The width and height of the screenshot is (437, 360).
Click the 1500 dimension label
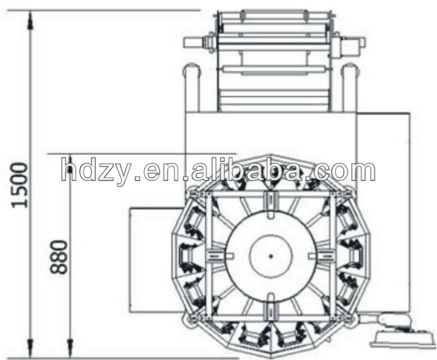tap(20, 185)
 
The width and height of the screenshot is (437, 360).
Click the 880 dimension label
tap(59, 256)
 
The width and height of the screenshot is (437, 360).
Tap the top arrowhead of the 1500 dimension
tap(30, 20)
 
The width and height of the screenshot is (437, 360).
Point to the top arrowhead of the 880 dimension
tap(70, 163)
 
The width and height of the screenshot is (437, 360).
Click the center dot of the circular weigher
tap(270, 256)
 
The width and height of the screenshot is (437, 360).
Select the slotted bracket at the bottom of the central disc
tap(270, 307)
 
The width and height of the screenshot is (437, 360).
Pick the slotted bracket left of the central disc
tap(219, 256)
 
